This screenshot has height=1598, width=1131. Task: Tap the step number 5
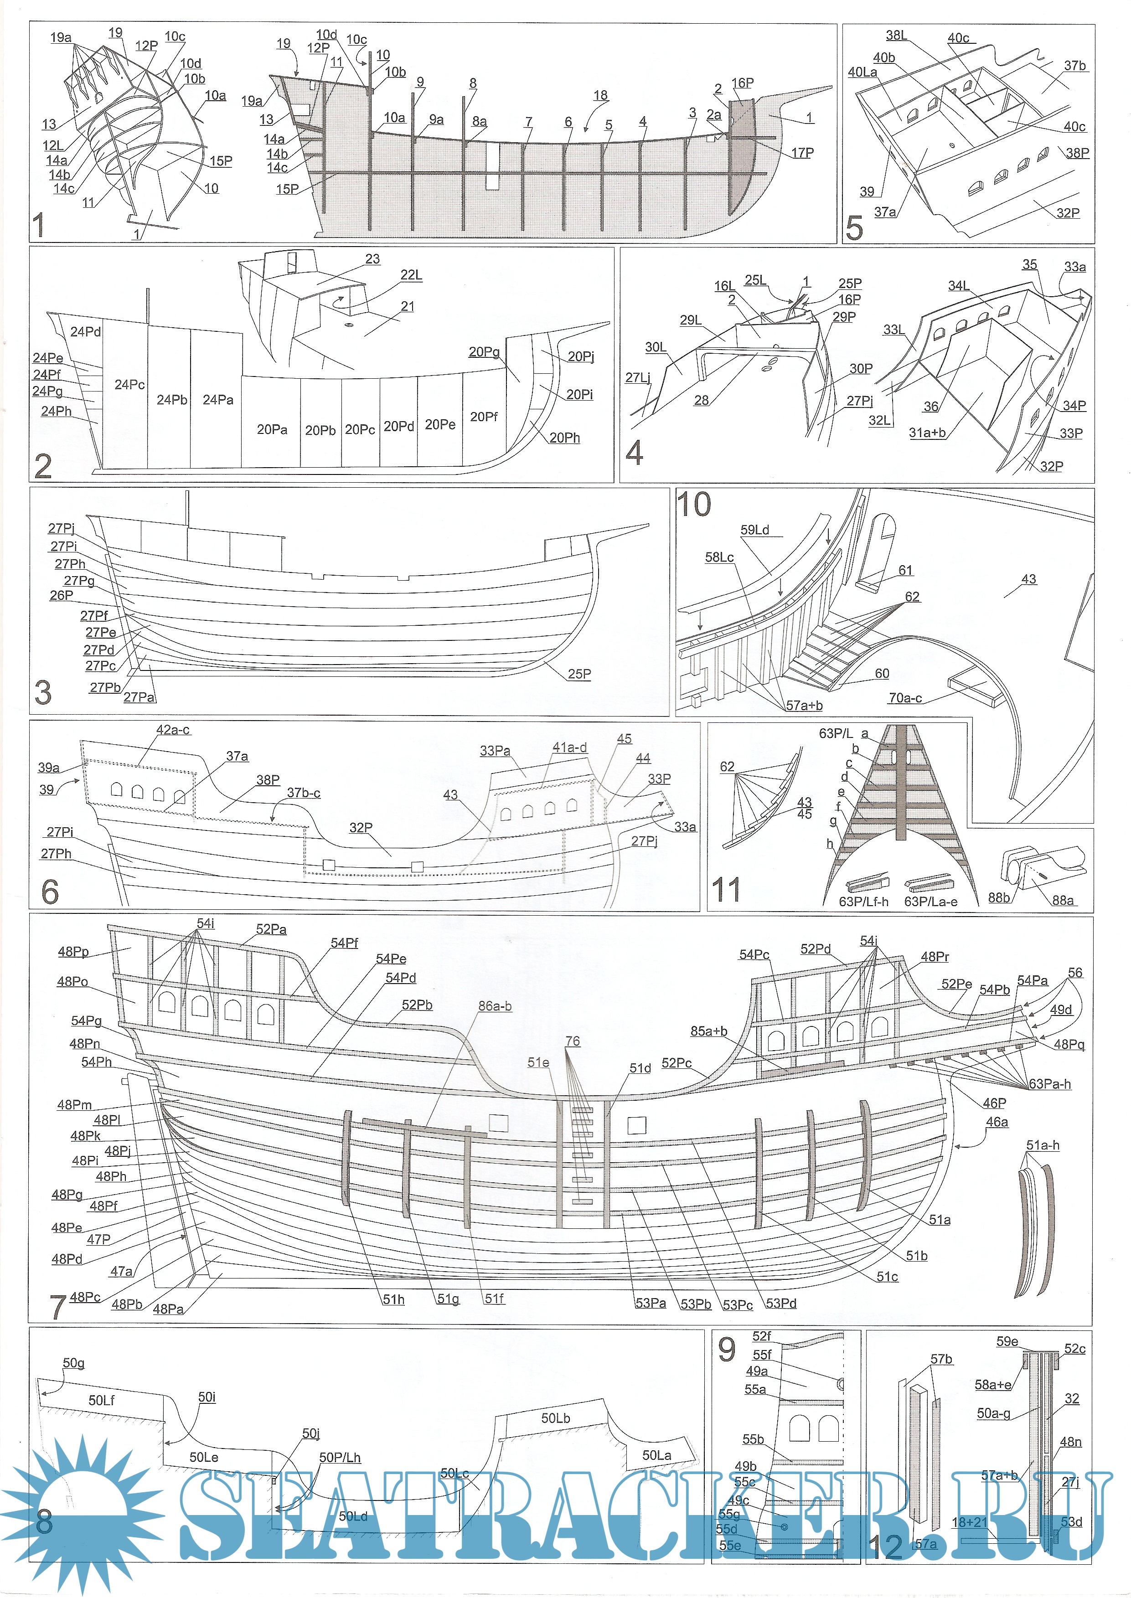[x=854, y=228]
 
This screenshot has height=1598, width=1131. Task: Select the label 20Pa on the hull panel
[x=272, y=430]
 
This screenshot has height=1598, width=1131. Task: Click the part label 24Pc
[x=129, y=384]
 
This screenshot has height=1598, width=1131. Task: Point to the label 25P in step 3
[x=579, y=674]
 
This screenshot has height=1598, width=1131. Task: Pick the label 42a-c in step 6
[x=173, y=730]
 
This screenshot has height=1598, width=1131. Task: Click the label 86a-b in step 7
[x=495, y=1005]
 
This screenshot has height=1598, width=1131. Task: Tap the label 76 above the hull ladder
[x=573, y=1041]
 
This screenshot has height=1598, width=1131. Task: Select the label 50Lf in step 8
[x=102, y=1400]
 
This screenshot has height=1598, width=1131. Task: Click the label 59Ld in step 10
[x=755, y=530]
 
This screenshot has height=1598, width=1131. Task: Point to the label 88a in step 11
[x=1063, y=900]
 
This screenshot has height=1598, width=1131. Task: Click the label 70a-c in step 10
[x=904, y=698]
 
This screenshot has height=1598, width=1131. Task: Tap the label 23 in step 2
[x=372, y=259]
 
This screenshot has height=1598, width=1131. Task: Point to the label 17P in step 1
[x=802, y=153]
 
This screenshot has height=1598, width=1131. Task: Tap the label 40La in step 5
[x=862, y=72]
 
